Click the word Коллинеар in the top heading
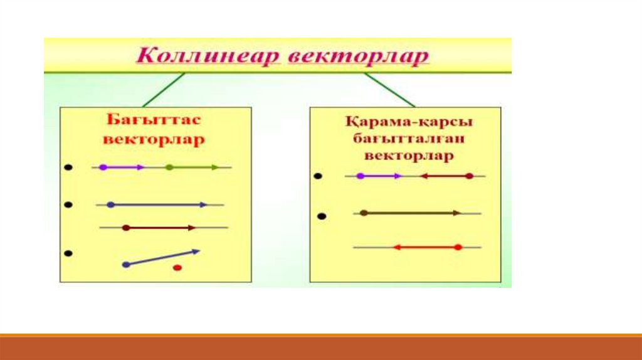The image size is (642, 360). pyautogui.click(x=208, y=56)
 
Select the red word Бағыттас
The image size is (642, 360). pyautogui.click(x=154, y=120)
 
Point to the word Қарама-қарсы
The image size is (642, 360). pyautogui.click(x=408, y=122)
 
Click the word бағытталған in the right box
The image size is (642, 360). pyautogui.click(x=408, y=139)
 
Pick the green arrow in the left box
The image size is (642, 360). pyautogui.click(x=192, y=167)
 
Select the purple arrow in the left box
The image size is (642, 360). pyautogui.click(x=122, y=167)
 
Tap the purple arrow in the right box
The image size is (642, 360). pyautogui.click(x=379, y=176)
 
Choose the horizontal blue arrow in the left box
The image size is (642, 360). pyautogui.click(x=157, y=204)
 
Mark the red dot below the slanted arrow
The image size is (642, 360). pyautogui.click(x=177, y=268)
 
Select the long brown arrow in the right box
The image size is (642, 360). pyautogui.click(x=410, y=213)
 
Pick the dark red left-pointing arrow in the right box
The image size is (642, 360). pyautogui.click(x=447, y=176)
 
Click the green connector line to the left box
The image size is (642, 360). pyautogui.click(x=164, y=90)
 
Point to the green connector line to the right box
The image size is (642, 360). pyautogui.click(x=389, y=90)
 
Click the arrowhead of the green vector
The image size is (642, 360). pyautogui.click(x=216, y=167)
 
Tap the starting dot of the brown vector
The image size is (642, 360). pyautogui.click(x=364, y=213)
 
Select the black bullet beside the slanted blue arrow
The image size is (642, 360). pyautogui.click(x=68, y=253)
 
